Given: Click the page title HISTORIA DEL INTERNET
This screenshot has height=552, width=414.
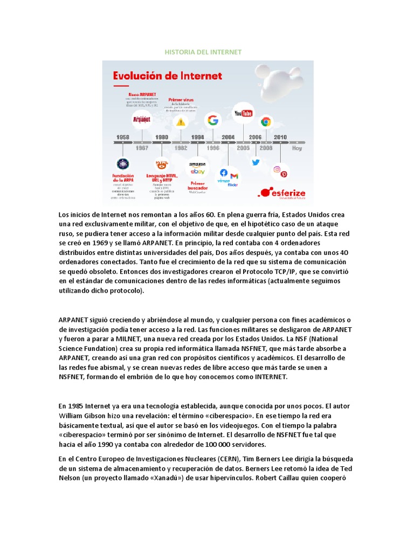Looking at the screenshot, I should pos(203,52).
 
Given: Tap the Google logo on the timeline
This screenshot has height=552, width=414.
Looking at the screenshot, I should pos(213,120).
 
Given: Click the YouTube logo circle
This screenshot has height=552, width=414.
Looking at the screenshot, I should pos(243,113).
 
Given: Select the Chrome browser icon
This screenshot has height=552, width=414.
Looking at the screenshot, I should pos(265,121).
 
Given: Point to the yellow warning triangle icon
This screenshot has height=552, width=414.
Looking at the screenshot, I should pos(180,122).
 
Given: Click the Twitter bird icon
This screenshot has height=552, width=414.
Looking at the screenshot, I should pos(256,162).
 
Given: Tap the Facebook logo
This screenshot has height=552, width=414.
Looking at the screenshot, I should pos(224,173).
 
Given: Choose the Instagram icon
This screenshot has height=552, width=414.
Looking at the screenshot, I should pos(277,169).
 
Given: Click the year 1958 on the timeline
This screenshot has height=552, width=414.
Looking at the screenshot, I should pos(123,137).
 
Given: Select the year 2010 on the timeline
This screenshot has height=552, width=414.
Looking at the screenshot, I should pos(280,137).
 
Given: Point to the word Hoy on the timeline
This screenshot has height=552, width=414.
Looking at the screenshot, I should pos(297,148).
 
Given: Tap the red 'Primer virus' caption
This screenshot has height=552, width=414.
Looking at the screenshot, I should pos(181,100).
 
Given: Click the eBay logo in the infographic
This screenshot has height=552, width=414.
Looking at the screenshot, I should pos(197,171).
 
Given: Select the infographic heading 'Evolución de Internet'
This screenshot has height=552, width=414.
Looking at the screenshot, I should pos(167,76).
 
